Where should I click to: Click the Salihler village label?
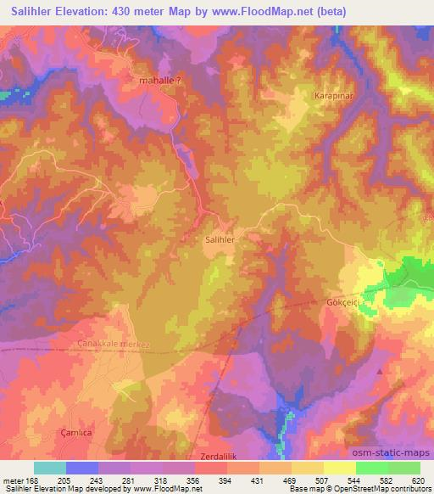point(220,240)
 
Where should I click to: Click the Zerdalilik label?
point(218,457)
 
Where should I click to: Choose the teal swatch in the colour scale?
point(50,468)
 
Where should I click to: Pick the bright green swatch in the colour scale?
point(372,468)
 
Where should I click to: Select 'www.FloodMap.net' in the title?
point(245,12)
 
